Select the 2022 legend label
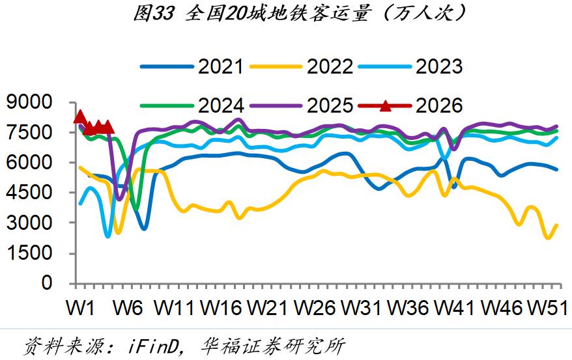pos(330,66)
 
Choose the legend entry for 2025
pos(330,105)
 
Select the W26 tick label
pos(317,307)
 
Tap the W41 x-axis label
pos(457,307)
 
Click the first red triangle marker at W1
pos(79,117)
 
